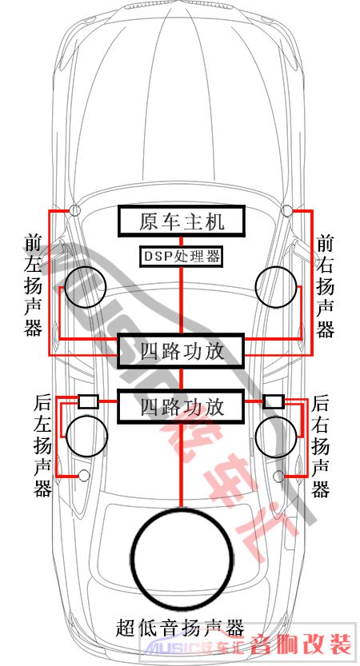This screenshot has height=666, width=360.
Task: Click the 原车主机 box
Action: point(182,221)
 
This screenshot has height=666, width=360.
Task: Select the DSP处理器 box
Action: point(182,257)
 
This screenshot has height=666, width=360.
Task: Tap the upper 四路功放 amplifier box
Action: point(182,351)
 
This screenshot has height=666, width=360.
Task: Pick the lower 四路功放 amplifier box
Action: point(182,407)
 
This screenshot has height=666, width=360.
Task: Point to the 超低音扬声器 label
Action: point(180,628)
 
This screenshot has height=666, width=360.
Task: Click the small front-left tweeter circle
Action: point(75,209)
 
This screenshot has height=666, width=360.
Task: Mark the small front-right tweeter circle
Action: point(287,209)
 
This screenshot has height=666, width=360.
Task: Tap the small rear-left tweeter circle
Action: point(84,476)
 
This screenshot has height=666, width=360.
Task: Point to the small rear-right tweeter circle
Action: point(279,477)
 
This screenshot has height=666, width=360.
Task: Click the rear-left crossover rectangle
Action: point(89,401)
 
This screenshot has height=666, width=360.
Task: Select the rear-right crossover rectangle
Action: point(274,401)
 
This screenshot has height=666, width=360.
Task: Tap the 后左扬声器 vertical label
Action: point(42,446)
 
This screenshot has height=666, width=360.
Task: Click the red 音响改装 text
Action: point(301,644)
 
